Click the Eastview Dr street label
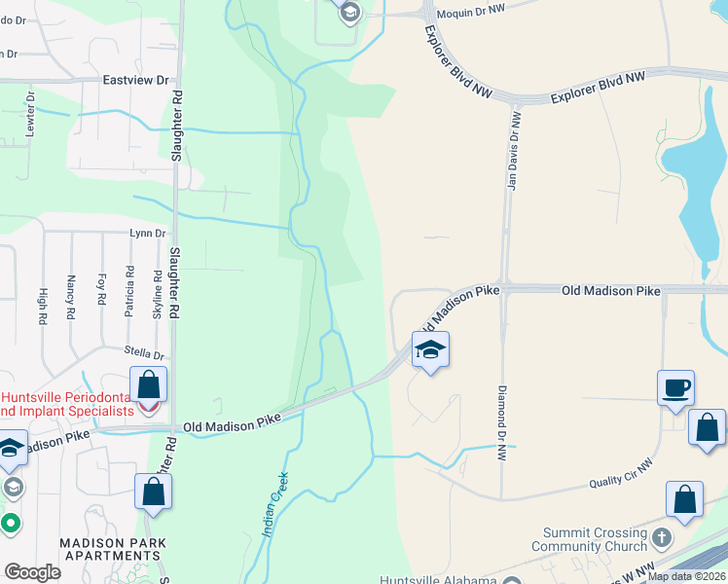tap(135, 81)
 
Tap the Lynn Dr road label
tap(148, 234)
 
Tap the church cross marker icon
tap(661, 537)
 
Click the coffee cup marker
tap(676, 388)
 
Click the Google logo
tap(32, 572)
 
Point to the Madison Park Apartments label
tap(112, 549)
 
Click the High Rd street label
tap(44, 306)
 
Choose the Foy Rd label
tap(100, 290)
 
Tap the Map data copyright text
tap(685, 576)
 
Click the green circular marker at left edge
tap(11, 524)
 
